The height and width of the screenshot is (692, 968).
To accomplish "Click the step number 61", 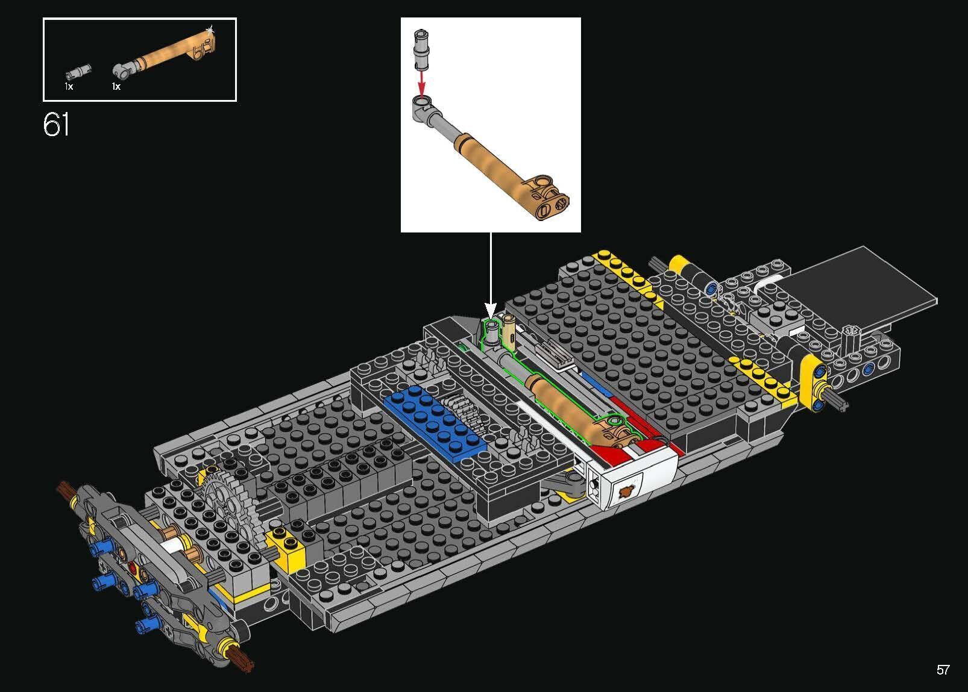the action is (56, 124).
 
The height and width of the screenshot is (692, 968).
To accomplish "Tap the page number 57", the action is (943, 670).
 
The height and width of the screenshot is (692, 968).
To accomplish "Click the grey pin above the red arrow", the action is (421, 49).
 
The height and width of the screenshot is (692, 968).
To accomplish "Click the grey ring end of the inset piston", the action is (422, 103).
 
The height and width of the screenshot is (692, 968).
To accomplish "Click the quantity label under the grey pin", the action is (69, 87).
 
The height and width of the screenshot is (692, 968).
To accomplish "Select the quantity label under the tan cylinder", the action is (116, 87).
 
